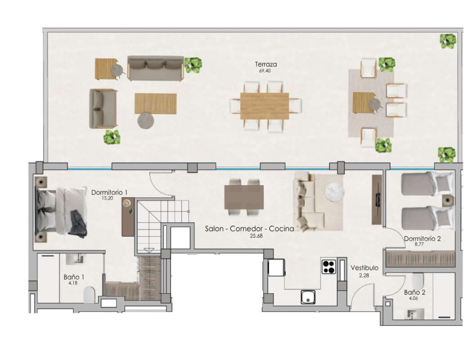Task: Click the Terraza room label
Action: [x=265, y=64]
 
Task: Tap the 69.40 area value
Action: [x=265, y=71]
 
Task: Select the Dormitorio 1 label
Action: [x=109, y=192]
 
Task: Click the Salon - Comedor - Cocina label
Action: [x=249, y=229]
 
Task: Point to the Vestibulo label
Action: [x=364, y=268]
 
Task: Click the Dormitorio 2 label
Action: [x=422, y=238]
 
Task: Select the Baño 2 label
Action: [x=414, y=292]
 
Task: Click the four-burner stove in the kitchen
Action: [x=329, y=266]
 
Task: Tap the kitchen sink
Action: [x=308, y=297]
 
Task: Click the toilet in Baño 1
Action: [x=90, y=294]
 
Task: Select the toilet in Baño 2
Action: [x=417, y=281]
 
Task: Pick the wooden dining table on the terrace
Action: [x=265, y=106]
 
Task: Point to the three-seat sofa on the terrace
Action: [x=155, y=68]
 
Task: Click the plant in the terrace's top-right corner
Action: [x=448, y=41]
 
